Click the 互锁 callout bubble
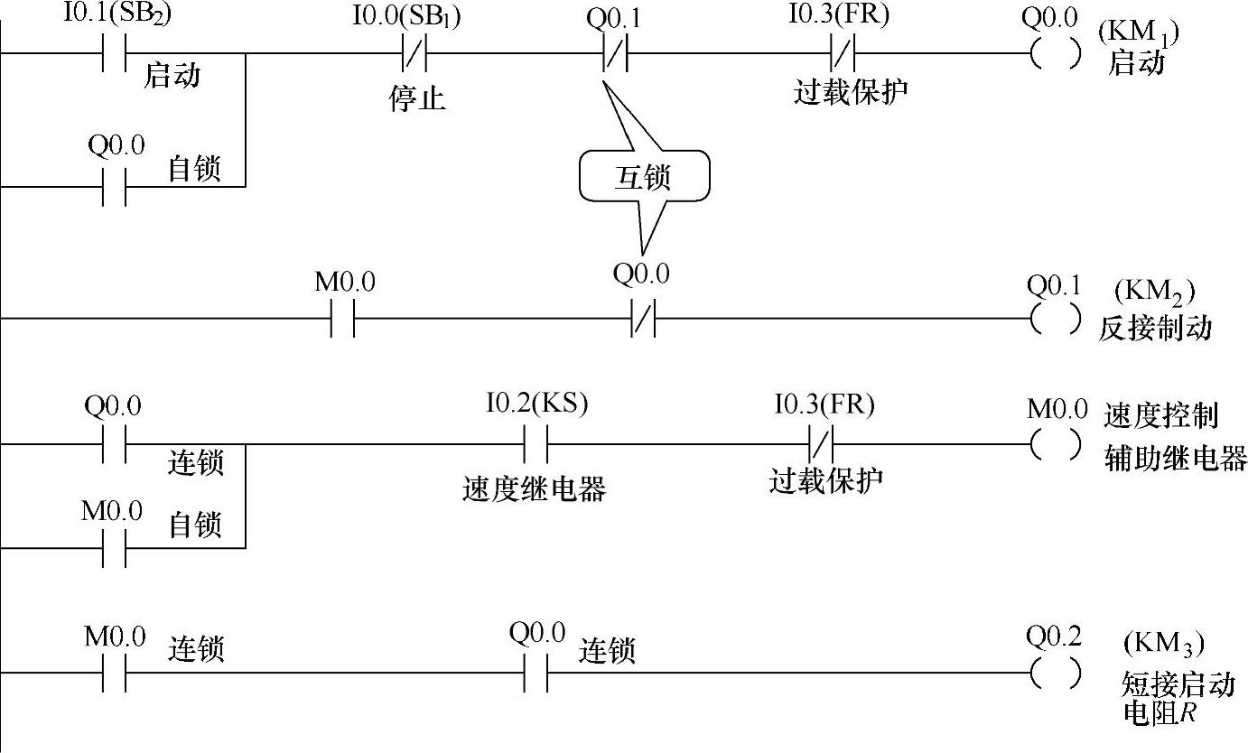[644, 177]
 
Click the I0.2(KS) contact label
[537, 404]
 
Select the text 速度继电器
[534, 488]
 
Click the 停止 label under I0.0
[417, 98]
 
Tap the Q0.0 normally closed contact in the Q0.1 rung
[642, 319]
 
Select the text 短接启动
[1178, 683]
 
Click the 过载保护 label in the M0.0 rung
[825, 480]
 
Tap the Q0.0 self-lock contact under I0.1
[115, 187]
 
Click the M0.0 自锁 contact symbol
[115, 547]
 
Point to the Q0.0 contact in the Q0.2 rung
[536, 673]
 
